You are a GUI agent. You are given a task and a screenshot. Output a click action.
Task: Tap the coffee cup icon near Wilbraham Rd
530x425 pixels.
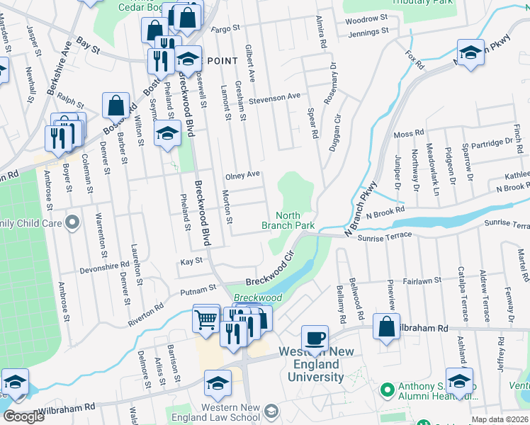tap(315, 337)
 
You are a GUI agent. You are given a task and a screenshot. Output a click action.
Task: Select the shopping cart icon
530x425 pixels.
tap(206, 319)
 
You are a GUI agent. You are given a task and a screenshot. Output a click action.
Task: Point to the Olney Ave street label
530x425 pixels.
tap(243, 174)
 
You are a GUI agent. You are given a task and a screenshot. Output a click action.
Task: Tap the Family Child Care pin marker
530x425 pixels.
tap(72, 223)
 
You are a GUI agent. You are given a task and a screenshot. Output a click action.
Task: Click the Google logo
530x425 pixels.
tap(23, 416)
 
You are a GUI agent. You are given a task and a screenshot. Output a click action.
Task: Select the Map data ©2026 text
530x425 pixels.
tap(500, 419)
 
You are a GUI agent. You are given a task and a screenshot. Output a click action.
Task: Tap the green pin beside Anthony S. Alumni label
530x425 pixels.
tap(387, 390)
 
